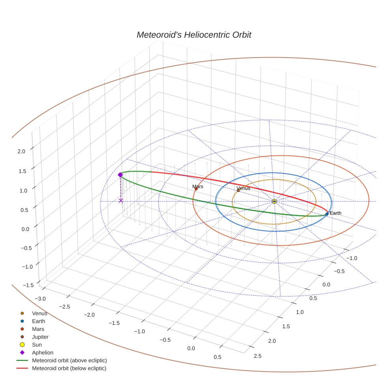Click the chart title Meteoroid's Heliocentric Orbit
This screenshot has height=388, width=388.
click(194, 35)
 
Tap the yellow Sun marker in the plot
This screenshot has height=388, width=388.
click(274, 201)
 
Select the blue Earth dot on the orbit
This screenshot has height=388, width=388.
click(327, 214)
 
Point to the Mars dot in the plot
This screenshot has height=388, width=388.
click(196, 189)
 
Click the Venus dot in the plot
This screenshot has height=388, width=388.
click(238, 190)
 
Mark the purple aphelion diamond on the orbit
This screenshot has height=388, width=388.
click(120, 175)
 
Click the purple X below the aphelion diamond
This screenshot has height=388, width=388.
click(121, 201)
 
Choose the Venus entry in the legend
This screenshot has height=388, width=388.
click(39, 313)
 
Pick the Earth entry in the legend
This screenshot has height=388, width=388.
click(39, 321)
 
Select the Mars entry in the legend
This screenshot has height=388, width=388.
click(38, 329)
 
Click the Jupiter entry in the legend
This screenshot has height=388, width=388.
click(40, 337)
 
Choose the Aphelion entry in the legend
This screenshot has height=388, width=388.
click(43, 353)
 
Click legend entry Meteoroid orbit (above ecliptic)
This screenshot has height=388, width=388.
click(69, 360)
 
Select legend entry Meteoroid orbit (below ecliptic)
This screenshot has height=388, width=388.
click(69, 368)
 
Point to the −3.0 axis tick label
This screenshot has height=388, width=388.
click(40, 298)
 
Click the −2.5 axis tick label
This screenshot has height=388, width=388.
click(65, 306)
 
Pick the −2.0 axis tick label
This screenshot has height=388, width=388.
click(89, 315)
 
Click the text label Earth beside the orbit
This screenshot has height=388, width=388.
click(336, 213)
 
